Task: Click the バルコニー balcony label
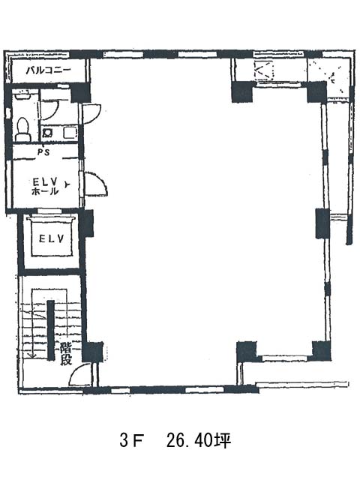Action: [x=48, y=70]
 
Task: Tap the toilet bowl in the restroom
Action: [x=23, y=130]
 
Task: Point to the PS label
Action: [x=43, y=152]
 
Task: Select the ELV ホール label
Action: [x=45, y=187]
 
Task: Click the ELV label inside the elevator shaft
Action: [x=52, y=238]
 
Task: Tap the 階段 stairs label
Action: [x=66, y=354]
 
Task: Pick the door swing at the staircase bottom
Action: [x=80, y=375]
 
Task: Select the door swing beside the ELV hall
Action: [x=96, y=184]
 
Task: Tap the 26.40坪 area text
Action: [x=199, y=441]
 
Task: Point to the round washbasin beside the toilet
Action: [x=47, y=133]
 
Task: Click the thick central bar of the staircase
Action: [x=50, y=329]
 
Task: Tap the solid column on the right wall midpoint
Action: [x=322, y=223]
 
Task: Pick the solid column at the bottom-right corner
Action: [x=322, y=351]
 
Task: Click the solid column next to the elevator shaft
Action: [x=87, y=223]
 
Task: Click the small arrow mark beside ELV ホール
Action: [x=67, y=184]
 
